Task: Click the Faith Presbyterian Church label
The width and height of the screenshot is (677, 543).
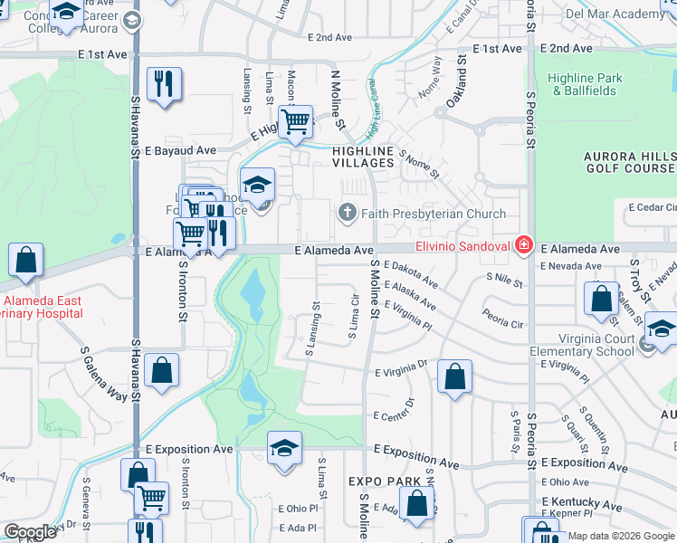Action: pos(434,214)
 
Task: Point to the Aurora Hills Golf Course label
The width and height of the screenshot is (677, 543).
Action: pos(622,162)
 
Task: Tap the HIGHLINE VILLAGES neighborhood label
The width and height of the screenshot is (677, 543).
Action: pos(363,157)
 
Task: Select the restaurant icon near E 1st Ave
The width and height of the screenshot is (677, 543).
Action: pos(164,85)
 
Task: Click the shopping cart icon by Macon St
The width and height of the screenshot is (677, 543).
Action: pos(295,121)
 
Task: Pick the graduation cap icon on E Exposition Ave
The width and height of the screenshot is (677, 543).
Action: pos(284,448)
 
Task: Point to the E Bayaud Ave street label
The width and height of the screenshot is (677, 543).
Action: pos(180,149)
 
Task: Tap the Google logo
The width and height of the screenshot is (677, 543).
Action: pos(30,532)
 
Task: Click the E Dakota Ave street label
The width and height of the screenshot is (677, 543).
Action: pos(410,273)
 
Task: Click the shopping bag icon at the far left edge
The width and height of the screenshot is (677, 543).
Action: pos(26,260)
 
